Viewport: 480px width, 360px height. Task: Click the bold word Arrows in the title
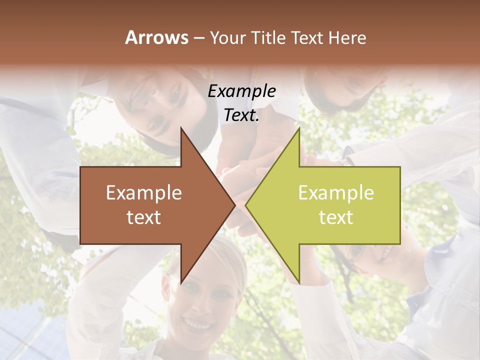point(156,38)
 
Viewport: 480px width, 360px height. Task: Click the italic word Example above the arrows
point(242,91)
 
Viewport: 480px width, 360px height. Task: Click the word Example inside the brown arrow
point(144,193)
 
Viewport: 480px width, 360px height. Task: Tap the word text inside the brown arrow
point(144,217)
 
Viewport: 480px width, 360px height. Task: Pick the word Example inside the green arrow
point(336,193)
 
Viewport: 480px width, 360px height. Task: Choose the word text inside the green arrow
point(336,217)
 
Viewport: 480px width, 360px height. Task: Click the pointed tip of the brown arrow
point(234,205)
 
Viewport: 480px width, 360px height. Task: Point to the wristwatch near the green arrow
point(344,161)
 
